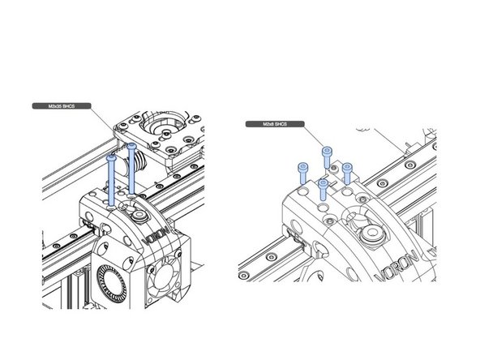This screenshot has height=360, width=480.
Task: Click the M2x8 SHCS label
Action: coord(274,124)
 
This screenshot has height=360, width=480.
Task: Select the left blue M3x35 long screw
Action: coord(111,174)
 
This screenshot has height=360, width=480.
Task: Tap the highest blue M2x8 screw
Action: coord(328,154)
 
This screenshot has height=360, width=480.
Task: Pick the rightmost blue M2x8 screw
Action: coord(348,171)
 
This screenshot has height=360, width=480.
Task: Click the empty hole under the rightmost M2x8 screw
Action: coord(349,192)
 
